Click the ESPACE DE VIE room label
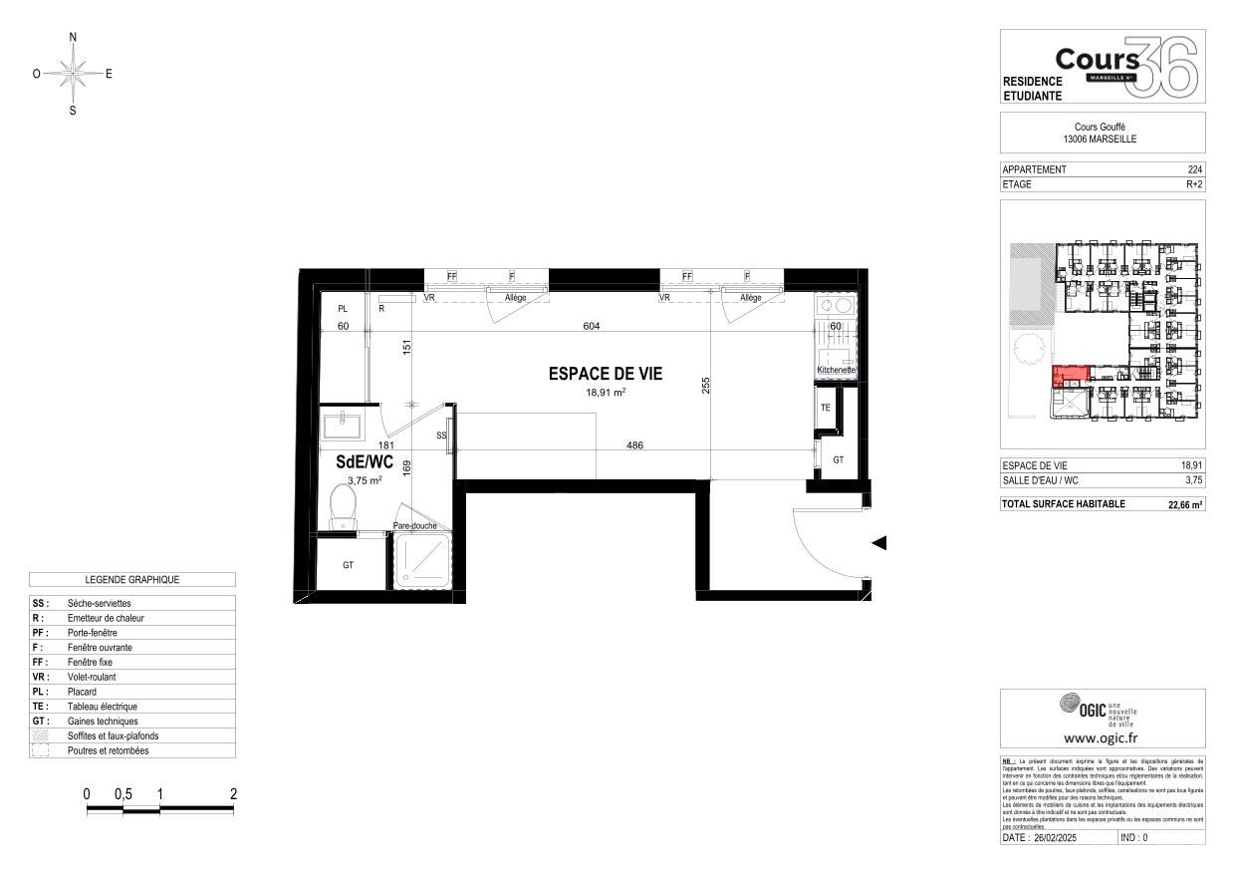click(x=605, y=374)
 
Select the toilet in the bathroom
click(x=343, y=505)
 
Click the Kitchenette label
click(x=835, y=370)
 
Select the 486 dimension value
click(x=632, y=445)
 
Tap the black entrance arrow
click(x=879, y=543)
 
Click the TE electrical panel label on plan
click(x=825, y=409)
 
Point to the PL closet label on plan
click(x=343, y=309)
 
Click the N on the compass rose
click(x=73, y=37)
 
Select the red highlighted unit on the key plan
click(x=1071, y=376)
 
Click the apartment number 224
click(x=1195, y=169)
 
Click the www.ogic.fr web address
click(x=1102, y=738)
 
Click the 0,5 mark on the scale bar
click(x=123, y=794)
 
